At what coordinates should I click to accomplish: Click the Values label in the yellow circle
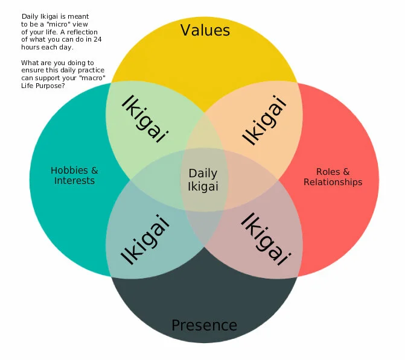pyautogui.click(x=205, y=30)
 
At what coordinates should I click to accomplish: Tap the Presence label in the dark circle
pyautogui.click(x=204, y=326)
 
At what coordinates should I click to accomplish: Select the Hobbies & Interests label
pyautogui.click(x=74, y=175)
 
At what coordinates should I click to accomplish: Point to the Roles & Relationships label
pyautogui.click(x=333, y=177)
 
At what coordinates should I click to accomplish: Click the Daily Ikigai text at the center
pyautogui.click(x=203, y=180)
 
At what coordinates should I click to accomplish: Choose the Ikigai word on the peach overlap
pyautogui.click(x=263, y=120)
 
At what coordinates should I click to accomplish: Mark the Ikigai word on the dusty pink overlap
pyautogui.click(x=264, y=239)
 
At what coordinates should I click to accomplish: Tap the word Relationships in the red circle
pyautogui.click(x=333, y=182)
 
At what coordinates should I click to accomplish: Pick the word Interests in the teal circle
pyautogui.click(x=74, y=181)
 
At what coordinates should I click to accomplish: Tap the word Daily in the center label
pyautogui.click(x=203, y=174)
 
